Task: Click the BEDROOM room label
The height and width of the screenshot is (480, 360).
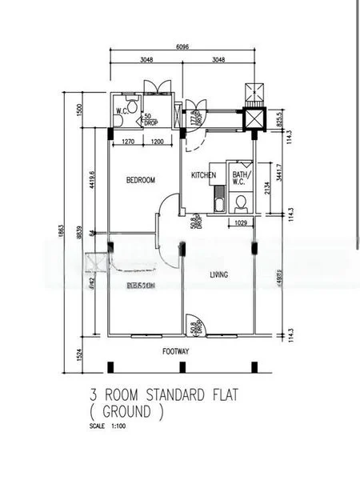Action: click(x=140, y=181)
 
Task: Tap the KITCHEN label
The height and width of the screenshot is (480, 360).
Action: click(x=203, y=175)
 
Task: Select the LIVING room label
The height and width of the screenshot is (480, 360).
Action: click(x=218, y=274)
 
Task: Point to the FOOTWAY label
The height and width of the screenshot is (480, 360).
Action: click(x=176, y=350)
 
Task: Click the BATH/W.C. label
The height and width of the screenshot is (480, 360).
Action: click(x=241, y=178)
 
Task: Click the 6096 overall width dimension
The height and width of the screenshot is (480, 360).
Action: click(x=183, y=47)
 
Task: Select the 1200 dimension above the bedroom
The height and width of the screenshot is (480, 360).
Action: click(x=157, y=142)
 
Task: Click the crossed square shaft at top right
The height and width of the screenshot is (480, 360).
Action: click(x=254, y=118)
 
